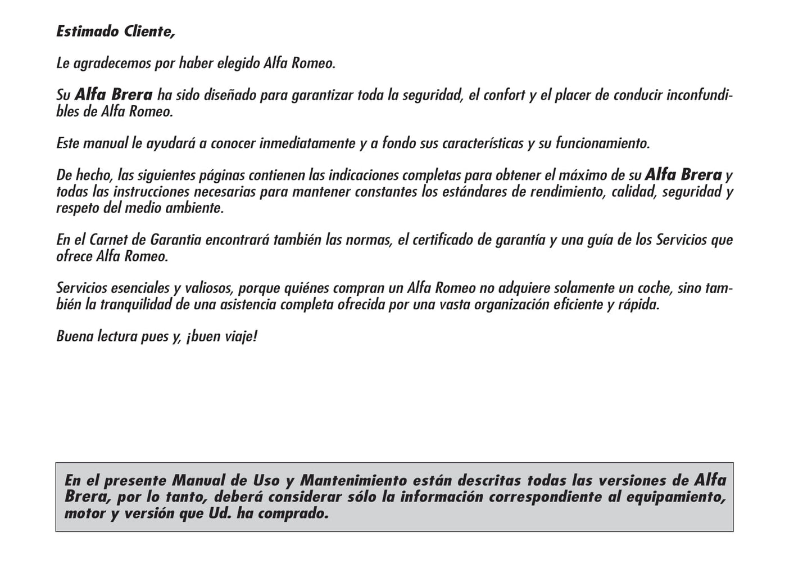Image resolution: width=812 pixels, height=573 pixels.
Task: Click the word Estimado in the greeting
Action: (84, 31)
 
